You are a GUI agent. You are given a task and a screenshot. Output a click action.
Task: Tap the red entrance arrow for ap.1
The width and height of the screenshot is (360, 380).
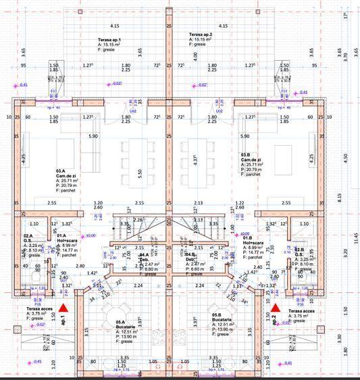point(63,308)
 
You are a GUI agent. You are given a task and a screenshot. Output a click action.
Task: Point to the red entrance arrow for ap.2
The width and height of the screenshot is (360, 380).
point(275,308)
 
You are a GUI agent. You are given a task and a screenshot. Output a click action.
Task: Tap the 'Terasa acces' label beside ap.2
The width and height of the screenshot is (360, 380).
point(300,313)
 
